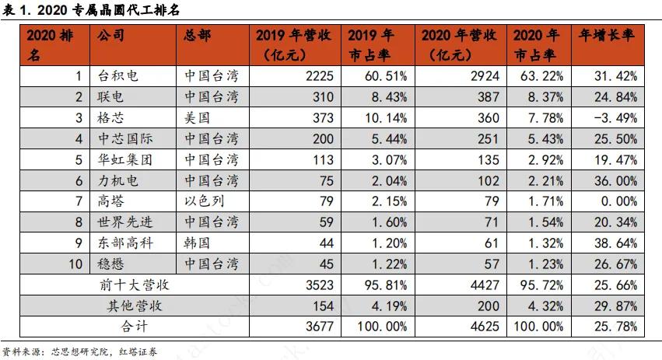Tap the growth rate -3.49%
(x=614, y=118)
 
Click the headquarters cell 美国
(x=198, y=118)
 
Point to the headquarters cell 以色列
(x=205, y=201)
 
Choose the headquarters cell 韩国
(x=198, y=243)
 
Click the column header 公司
(x=110, y=37)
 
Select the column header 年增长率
(x=607, y=37)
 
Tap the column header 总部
(x=198, y=37)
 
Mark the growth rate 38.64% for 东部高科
(x=614, y=243)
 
